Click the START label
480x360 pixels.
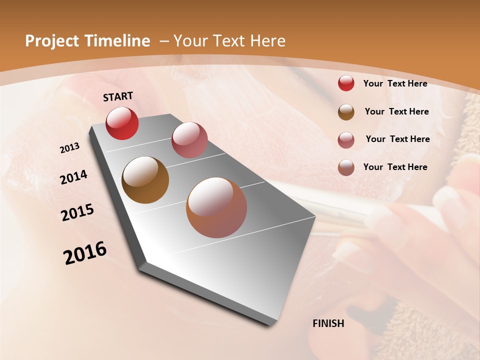pyautogui.click(x=118, y=96)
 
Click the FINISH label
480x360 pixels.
pyautogui.click(x=328, y=323)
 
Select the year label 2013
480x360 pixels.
pyautogui.click(x=69, y=148)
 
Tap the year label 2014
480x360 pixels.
pyautogui.click(x=73, y=177)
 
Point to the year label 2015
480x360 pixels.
pyautogui.click(x=77, y=212)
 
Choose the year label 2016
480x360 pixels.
pyautogui.click(x=85, y=252)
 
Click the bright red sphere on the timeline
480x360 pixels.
pyautogui.click(x=122, y=123)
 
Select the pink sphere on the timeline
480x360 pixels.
pyautogui.click(x=189, y=140)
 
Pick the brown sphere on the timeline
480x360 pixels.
pyautogui.click(x=145, y=180)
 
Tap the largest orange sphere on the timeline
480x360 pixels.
pyautogui.click(x=216, y=207)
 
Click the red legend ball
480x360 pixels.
pyautogui.click(x=346, y=83)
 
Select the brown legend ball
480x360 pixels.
pyautogui.click(x=346, y=112)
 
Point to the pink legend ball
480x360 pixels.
pyautogui.click(x=346, y=140)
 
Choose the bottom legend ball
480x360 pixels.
pyautogui.click(x=346, y=167)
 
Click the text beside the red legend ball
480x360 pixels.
pyautogui.click(x=395, y=83)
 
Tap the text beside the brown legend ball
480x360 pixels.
pyautogui.click(x=396, y=111)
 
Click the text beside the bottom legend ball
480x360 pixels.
pyautogui.click(x=395, y=167)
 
